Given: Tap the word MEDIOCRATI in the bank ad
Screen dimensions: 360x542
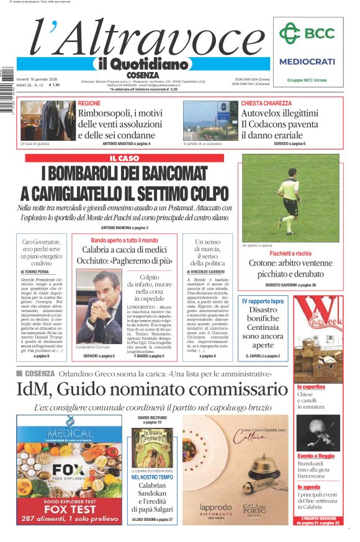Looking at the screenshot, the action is [307, 61].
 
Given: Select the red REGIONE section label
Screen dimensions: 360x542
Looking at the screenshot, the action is [89, 103].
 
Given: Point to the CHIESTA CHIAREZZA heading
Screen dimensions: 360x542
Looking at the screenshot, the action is [266, 103].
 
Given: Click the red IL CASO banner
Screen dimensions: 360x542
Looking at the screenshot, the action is [124, 158].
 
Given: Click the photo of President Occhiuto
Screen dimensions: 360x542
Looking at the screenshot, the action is [99, 306].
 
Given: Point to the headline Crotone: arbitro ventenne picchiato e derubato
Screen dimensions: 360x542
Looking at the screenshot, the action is [291, 268].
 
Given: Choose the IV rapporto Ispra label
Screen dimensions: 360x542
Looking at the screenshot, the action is [263, 300].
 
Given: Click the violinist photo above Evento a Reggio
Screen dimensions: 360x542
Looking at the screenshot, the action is [317, 433].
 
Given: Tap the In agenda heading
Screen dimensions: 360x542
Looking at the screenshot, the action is [309, 487].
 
